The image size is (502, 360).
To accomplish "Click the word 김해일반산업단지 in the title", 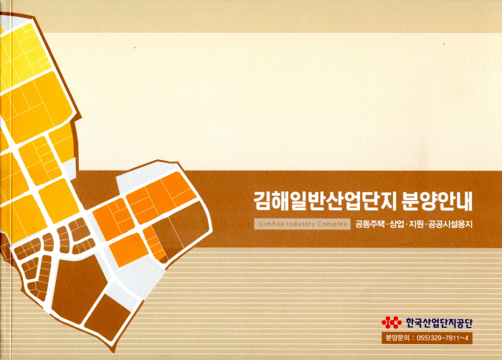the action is [x=323, y=201].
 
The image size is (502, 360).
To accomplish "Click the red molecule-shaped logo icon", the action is [x=392, y=323].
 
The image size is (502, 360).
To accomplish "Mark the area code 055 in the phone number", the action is [x=422, y=338].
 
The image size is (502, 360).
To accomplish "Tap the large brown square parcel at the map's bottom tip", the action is [x=108, y=316].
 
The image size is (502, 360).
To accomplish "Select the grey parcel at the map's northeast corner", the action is [x=146, y=176].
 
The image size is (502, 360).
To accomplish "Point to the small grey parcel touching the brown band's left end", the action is [x=70, y=168].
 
